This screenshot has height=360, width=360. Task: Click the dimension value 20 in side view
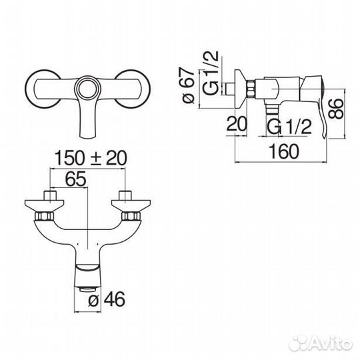(x=237, y=124)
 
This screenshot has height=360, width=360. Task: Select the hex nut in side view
(x=251, y=89)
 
